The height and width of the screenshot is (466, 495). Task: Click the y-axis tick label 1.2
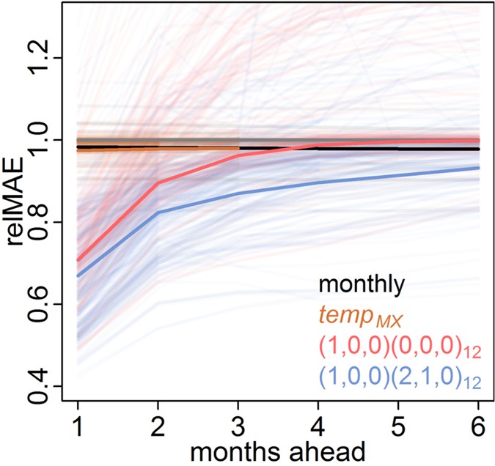49,58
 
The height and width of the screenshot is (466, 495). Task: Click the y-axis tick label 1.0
49,140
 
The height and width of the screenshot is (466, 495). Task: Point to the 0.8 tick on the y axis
49,221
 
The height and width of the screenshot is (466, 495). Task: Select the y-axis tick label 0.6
49,303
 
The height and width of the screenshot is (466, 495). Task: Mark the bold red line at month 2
158,182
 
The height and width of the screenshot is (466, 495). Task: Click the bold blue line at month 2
158,212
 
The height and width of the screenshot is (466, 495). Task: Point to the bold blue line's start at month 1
78,276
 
